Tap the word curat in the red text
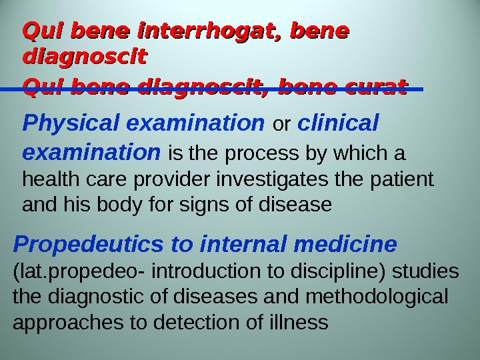[370, 87]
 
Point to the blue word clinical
[339, 123]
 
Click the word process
[255, 155]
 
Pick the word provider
[164, 180]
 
